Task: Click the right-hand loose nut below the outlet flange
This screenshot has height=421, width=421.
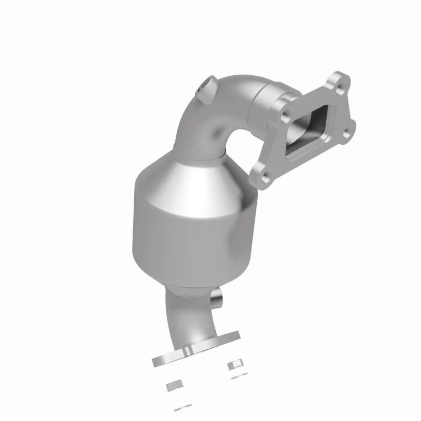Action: click(234, 365)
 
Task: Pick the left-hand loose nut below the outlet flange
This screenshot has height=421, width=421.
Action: click(173, 386)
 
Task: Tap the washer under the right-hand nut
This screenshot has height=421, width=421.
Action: click(234, 376)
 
